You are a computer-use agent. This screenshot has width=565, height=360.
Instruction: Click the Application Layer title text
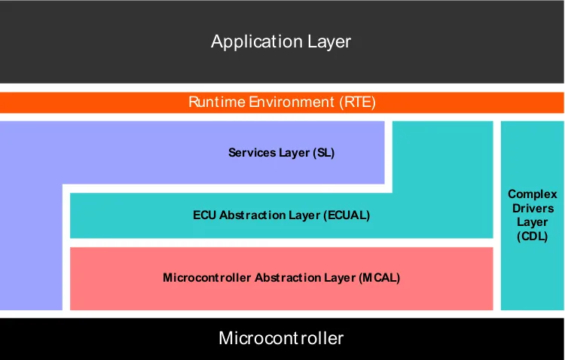point(281,41)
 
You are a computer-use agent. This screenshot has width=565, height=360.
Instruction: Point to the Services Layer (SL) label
point(281,153)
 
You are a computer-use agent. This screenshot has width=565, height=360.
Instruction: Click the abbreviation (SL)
point(324,153)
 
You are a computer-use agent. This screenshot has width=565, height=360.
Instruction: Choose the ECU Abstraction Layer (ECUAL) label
point(281,215)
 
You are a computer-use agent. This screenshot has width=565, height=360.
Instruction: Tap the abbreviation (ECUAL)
point(347,215)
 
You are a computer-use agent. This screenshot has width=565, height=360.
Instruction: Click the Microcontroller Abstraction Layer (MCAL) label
point(281,278)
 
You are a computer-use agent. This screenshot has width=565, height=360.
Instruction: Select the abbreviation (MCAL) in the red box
point(380,278)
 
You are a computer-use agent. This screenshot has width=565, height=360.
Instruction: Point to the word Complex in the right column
point(533,194)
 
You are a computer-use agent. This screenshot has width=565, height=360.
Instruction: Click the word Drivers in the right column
point(533,208)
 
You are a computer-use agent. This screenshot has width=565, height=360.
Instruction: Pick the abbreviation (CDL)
point(533,236)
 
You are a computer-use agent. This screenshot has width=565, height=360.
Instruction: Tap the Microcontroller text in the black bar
point(281,338)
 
